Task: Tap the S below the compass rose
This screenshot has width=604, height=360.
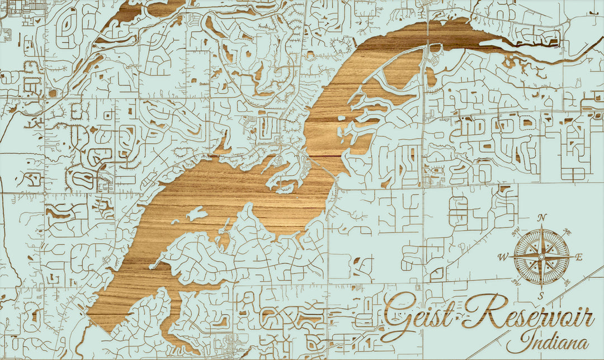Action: pos(541,295)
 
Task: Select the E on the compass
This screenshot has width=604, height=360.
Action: pos(579,257)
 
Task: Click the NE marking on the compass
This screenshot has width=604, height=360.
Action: pos(567,231)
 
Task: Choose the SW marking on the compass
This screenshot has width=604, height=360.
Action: pos(515,283)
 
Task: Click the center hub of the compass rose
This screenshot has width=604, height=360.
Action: pos(541,257)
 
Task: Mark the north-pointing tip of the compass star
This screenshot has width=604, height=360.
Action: pos(541,225)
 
